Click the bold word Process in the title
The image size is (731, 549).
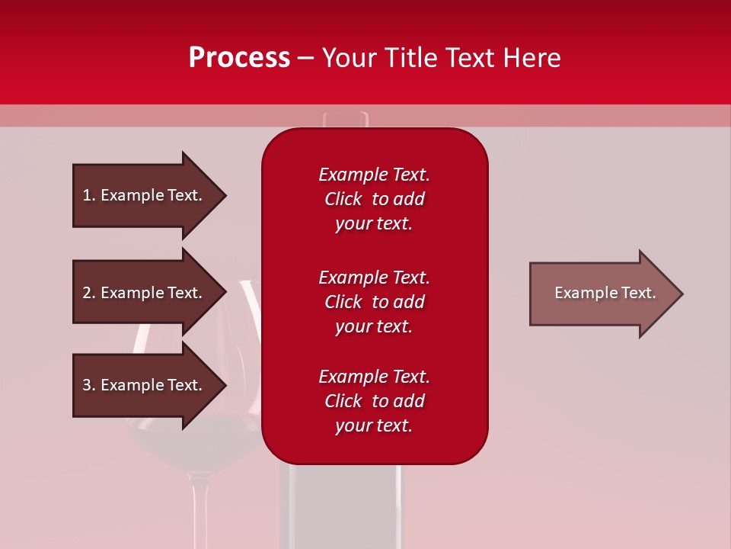tap(239, 58)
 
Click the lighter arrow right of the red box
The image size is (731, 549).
tap(602, 294)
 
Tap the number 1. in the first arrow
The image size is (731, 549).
tap(88, 195)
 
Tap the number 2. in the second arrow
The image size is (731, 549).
tap(88, 293)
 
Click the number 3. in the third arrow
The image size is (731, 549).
tap(88, 385)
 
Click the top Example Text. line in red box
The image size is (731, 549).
tap(374, 175)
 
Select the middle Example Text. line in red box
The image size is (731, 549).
tap(374, 278)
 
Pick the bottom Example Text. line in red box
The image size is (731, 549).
tap(374, 377)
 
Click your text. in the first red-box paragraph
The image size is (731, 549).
tap(374, 223)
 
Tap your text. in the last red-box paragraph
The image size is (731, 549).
tap(374, 425)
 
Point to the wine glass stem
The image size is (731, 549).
tap(200, 511)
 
